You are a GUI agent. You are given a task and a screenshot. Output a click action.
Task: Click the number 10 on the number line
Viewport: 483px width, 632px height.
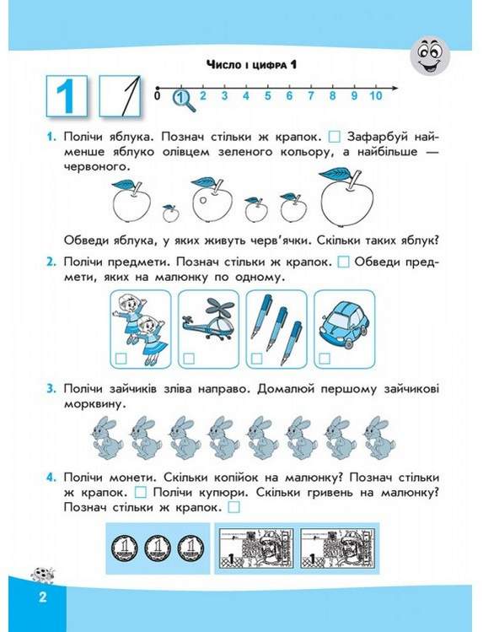coord(376,96)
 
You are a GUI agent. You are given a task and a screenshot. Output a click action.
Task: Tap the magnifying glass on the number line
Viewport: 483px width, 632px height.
coord(185,100)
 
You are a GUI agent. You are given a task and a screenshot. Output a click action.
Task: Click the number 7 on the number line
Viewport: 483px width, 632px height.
coord(311,96)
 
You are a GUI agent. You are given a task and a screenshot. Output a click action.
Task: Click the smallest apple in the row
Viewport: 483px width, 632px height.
coord(170,213)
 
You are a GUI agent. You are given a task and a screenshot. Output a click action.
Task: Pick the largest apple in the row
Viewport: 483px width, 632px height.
coord(346,197)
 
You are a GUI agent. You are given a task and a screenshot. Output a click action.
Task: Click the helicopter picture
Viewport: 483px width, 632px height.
coord(208,319)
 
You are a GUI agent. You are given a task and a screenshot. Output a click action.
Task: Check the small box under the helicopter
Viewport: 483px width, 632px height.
coord(189,359)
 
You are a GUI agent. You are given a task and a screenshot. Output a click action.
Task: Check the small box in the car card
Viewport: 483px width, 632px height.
coord(325,359)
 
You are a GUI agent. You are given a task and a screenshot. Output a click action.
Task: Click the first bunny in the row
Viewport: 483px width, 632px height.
coord(108,438)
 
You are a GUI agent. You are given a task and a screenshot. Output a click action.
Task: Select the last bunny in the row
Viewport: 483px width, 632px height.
coord(379,438)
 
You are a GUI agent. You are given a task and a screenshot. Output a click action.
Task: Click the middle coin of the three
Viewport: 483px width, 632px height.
coord(158,548)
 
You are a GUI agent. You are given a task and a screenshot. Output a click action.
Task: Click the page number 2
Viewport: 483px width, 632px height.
coord(43,597)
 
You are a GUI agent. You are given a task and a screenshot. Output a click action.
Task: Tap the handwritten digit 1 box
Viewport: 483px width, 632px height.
coord(120,96)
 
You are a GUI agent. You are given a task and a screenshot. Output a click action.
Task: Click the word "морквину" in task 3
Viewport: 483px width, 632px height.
coord(92,404)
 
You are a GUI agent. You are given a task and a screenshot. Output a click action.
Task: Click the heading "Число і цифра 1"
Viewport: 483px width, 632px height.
coord(251,64)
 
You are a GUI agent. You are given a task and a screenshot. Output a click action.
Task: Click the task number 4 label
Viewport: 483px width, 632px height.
coord(51,478)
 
